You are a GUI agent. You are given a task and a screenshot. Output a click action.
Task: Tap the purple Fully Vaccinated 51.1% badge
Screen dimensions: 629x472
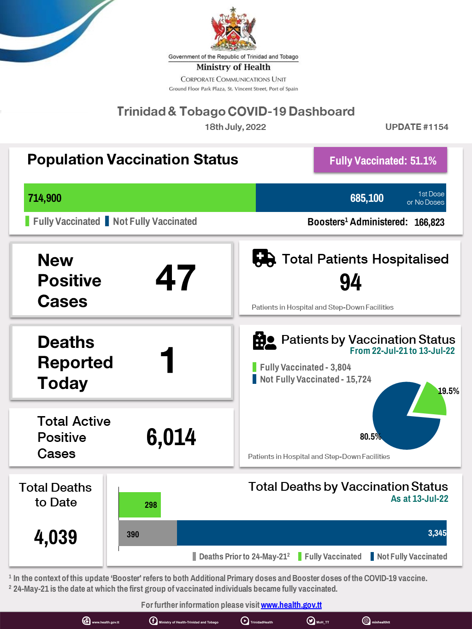click(x=381, y=160)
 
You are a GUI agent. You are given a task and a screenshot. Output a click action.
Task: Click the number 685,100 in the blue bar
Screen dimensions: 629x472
click(x=367, y=198)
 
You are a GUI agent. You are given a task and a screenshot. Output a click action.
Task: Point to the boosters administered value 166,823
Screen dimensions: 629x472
click(x=429, y=222)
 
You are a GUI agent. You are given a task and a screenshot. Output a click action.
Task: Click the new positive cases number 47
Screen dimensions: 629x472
click(x=176, y=278)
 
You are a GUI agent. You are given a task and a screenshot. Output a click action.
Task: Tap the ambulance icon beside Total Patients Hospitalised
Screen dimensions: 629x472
click(x=264, y=258)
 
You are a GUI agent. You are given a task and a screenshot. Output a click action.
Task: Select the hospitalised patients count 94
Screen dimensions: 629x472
click(x=350, y=282)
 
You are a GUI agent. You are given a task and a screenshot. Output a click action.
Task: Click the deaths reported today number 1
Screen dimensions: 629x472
click(x=167, y=360)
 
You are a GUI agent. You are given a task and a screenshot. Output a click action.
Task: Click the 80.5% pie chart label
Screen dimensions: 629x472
click(x=370, y=436)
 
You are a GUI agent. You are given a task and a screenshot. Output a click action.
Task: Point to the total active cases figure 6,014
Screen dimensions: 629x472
click(x=171, y=437)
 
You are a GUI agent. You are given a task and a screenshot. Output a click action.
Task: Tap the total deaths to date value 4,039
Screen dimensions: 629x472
click(x=56, y=537)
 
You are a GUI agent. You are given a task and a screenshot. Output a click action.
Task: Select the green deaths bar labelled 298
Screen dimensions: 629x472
click(x=140, y=505)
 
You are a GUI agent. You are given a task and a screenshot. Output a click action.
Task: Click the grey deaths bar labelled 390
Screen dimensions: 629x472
click(x=147, y=534)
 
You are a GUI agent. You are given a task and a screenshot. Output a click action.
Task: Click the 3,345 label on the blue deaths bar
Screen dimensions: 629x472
click(x=437, y=533)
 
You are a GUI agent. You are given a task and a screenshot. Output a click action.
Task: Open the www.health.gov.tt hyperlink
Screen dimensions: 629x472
click(x=291, y=605)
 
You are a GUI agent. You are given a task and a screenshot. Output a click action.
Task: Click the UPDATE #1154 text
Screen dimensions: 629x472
click(x=417, y=127)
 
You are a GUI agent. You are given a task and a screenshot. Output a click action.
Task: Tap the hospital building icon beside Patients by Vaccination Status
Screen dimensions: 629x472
click(x=264, y=341)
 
